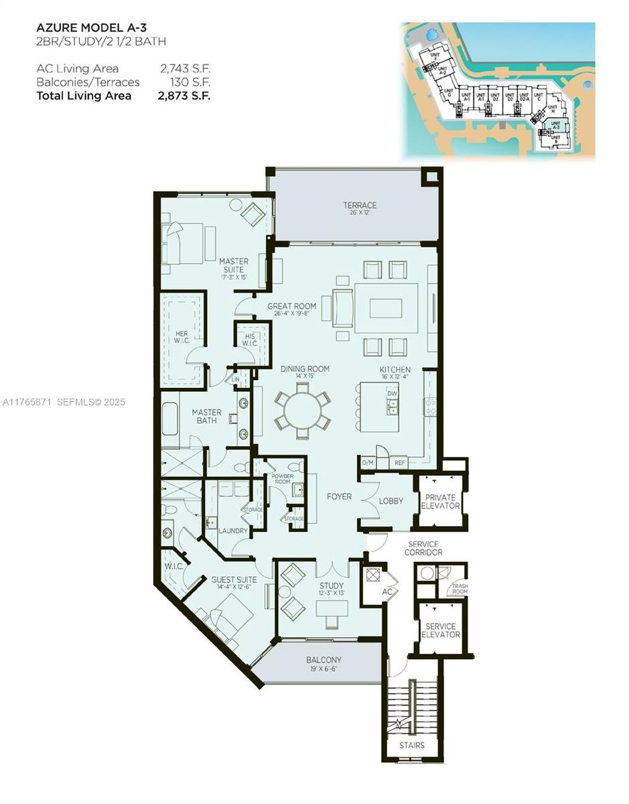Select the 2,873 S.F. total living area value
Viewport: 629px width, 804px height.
tap(185, 95)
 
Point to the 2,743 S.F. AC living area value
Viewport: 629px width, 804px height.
tap(185, 68)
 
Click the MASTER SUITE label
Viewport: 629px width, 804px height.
tap(233, 266)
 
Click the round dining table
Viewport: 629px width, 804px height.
tap(302, 411)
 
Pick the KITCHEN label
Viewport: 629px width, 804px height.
tap(395, 370)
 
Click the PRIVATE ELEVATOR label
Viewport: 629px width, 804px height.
tap(440, 501)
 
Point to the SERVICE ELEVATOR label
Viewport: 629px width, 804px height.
tap(440, 630)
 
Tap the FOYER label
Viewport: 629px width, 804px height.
tap(339, 497)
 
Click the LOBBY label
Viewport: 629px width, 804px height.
tap(391, 500)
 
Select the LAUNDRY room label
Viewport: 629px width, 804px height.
tap(233, 531)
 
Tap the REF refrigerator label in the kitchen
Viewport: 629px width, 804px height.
tap(400, 462)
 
